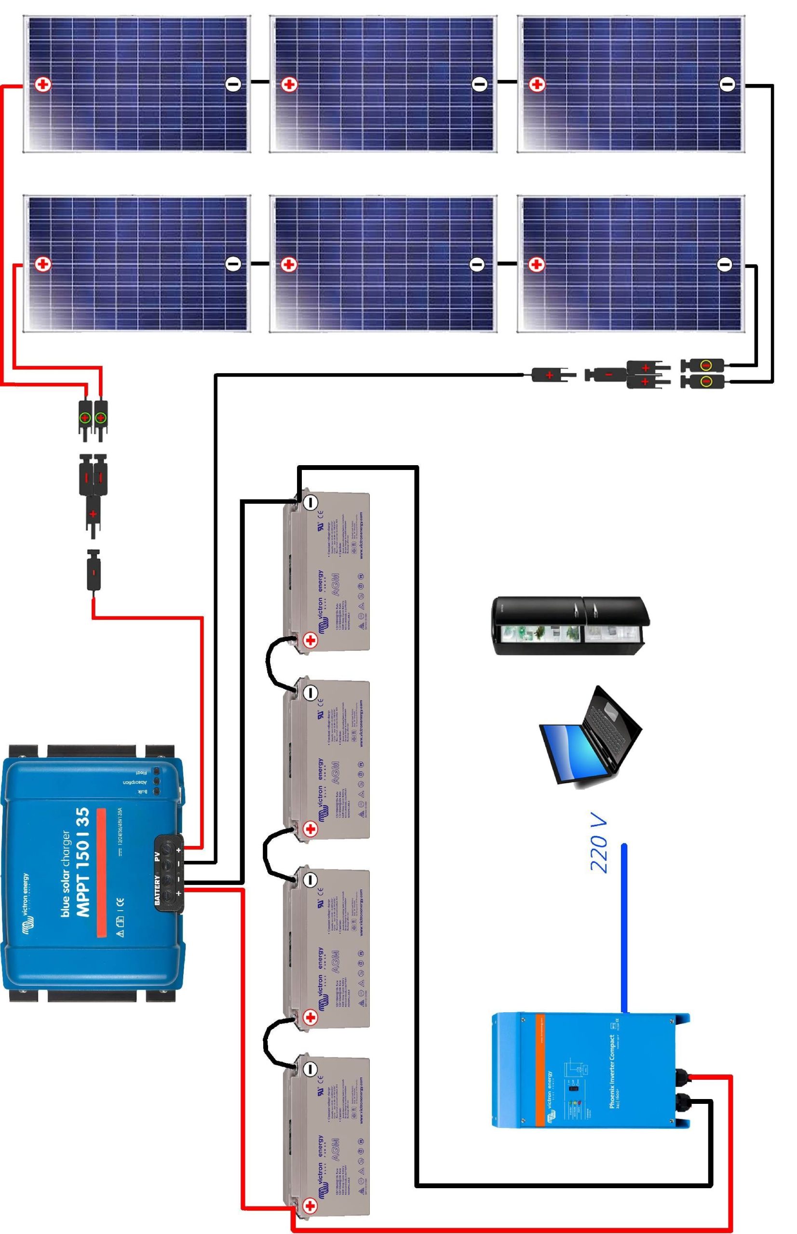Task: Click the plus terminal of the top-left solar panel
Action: coord(43,85)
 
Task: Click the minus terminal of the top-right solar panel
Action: coord(727,84)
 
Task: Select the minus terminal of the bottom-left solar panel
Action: coord(233,264)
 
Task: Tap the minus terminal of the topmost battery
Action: coord(310,502)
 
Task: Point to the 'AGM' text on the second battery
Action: coord(336,771)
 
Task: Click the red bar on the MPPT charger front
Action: coord(101,872)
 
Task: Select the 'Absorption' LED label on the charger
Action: coord(135,782)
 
